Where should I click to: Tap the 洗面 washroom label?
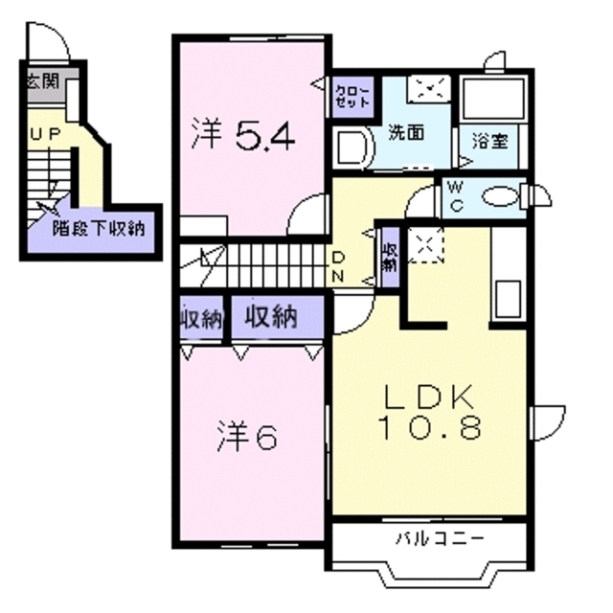tap(406, 134)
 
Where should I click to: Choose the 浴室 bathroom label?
tap(489, 140)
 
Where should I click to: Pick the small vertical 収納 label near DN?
tap(390, 254)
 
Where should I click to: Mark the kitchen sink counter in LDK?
tap(508, 278)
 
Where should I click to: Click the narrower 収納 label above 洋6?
tap(199, 319)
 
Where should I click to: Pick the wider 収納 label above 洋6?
tap(270, 316)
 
